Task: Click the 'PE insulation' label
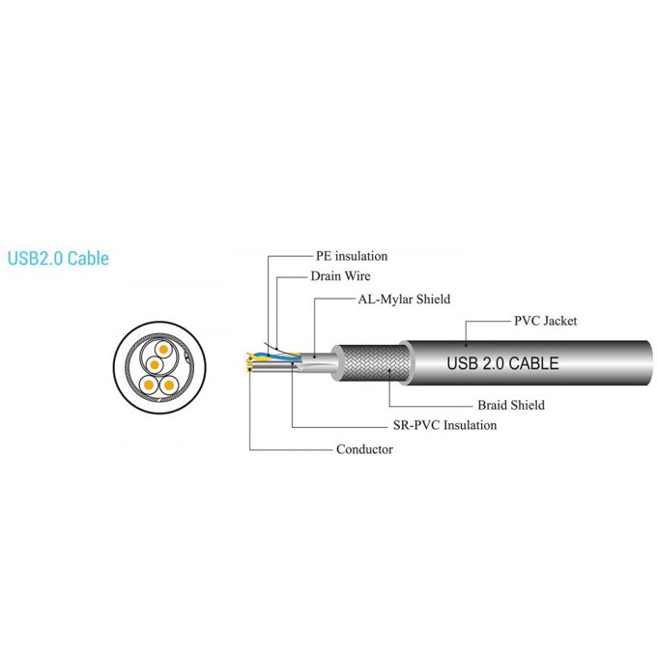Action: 352,256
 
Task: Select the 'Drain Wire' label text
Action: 340,276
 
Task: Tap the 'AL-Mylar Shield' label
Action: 404,300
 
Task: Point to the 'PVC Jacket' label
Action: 545,321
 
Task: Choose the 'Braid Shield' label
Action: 511,405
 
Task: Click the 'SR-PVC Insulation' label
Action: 444,425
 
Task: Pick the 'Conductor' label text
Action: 364,449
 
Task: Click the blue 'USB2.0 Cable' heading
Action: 58,258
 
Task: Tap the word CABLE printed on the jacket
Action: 533,363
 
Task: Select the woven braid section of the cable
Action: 374,363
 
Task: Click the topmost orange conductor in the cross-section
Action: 163,350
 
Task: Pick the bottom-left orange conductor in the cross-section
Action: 149,385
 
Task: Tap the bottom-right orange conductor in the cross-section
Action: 169,385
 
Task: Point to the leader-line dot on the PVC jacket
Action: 466,345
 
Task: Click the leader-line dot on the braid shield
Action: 389,370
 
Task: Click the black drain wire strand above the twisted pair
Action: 272,348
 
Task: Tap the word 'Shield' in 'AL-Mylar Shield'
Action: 433,300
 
